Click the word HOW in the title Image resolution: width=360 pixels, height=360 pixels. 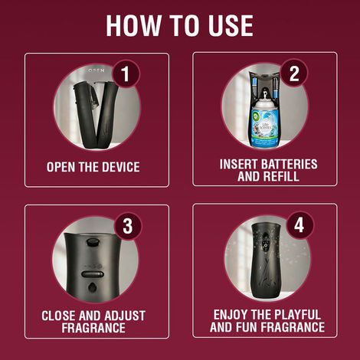133,25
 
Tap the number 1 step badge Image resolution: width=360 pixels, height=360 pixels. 126,74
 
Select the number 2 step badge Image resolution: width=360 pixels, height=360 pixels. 294,74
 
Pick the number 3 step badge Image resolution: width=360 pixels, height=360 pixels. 127,226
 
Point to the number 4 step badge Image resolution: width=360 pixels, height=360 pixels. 299,225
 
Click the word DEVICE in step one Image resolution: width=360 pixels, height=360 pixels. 121,167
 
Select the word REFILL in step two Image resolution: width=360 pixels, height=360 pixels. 281,176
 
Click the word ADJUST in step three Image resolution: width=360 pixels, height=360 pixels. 125,316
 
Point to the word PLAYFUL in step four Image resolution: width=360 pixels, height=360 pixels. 296,315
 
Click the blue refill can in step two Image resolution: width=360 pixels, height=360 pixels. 265,123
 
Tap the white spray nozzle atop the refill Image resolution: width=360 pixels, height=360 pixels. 266,96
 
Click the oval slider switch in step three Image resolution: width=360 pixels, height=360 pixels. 93,274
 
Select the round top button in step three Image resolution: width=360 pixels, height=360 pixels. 93,241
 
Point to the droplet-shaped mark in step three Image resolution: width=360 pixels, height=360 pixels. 92,287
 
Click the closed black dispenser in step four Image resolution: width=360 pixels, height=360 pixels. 267,260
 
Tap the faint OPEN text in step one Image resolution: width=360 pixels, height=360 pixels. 95,70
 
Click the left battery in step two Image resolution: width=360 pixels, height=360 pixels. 254,88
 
